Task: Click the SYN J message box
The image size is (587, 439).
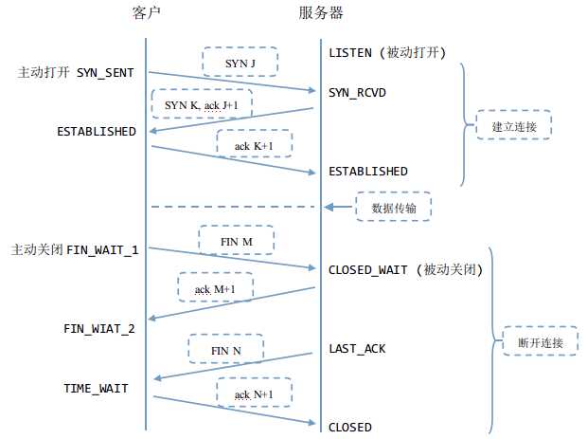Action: coord(240,63)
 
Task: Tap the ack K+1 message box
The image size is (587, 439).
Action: coord(254,144)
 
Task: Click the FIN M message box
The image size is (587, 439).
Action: coord(236,241)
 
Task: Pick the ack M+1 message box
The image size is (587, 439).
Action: coord(215,287)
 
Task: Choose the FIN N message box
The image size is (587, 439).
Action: coord(225,349)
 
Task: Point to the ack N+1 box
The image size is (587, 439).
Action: coord(254,393)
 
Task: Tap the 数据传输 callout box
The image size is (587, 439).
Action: coord(394,206)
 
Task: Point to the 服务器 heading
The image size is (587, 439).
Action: coord(320,13)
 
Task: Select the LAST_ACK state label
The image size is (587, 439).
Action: coord(357,349)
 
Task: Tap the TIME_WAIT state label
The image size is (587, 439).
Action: coord(96,389)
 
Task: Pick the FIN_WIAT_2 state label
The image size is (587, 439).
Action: coord(98,329)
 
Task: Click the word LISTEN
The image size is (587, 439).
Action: coord(351,51)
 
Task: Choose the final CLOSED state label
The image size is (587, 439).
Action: coord(349,427)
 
